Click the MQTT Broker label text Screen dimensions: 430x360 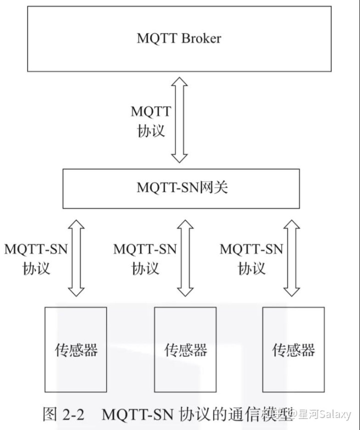(178, 38)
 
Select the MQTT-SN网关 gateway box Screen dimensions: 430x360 (181, 188)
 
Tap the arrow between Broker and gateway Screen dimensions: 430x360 (179, 120)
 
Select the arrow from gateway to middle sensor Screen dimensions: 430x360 (185, 258)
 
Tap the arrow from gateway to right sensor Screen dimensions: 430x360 (292, 258)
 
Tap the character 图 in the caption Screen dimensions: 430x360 (51, 414)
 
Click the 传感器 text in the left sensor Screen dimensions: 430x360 (75, 350)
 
